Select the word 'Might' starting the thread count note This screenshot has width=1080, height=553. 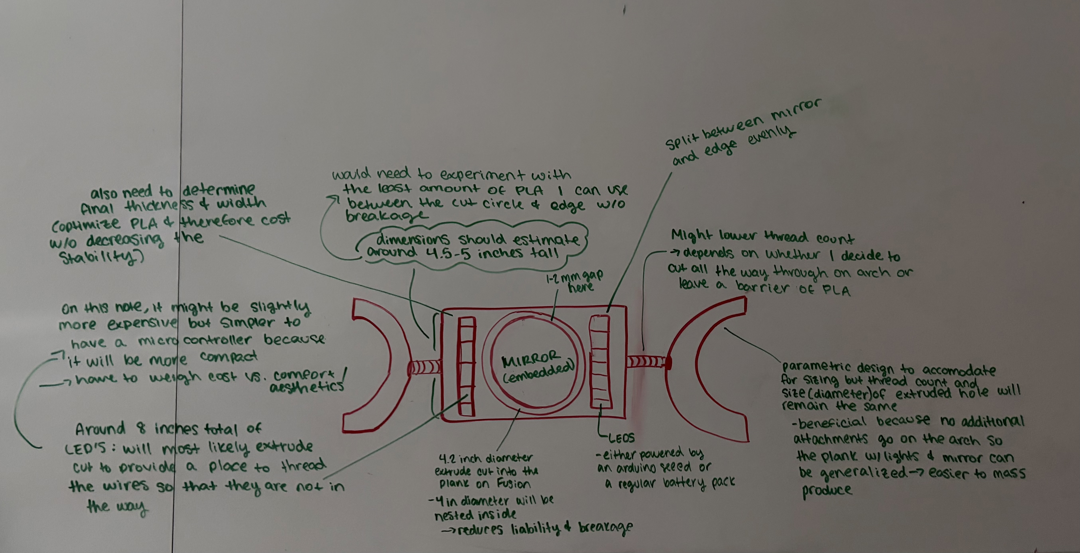tap(692, 236)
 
